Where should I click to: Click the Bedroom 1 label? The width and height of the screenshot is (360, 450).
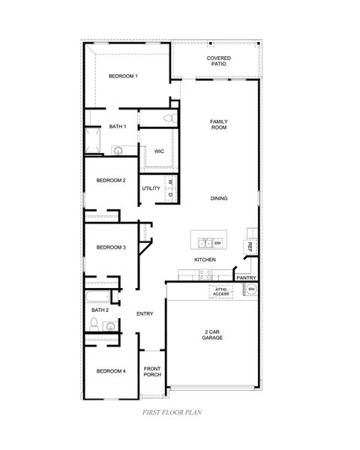(x=123, y=76)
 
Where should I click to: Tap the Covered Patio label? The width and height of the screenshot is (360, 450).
(x=219, y=61)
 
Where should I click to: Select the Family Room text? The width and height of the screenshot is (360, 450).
(x=219, y=124)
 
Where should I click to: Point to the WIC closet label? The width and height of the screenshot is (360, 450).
(x=159, y=151)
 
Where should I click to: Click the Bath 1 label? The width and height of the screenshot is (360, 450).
(x=117, y=126)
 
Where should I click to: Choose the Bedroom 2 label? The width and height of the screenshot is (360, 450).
(x=110, y=180)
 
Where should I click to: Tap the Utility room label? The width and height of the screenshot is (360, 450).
(x=151, y=188)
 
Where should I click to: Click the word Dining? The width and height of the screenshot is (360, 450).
(x=219, y=198)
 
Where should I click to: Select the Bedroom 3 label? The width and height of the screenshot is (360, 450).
(x=110, y=247)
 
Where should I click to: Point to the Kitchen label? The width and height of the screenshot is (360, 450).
(x=205, y=259)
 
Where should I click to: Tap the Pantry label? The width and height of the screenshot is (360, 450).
(x=247, y=277)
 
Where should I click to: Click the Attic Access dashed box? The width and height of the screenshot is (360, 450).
(x=221, y=291)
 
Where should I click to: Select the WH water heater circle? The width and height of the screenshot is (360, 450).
(x=252, y=289)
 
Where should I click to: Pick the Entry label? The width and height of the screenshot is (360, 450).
(x=145, y=313)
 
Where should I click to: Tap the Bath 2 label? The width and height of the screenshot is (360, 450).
(x=100, y=310)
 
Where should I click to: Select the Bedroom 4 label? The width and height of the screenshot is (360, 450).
(x=110, y=371)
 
